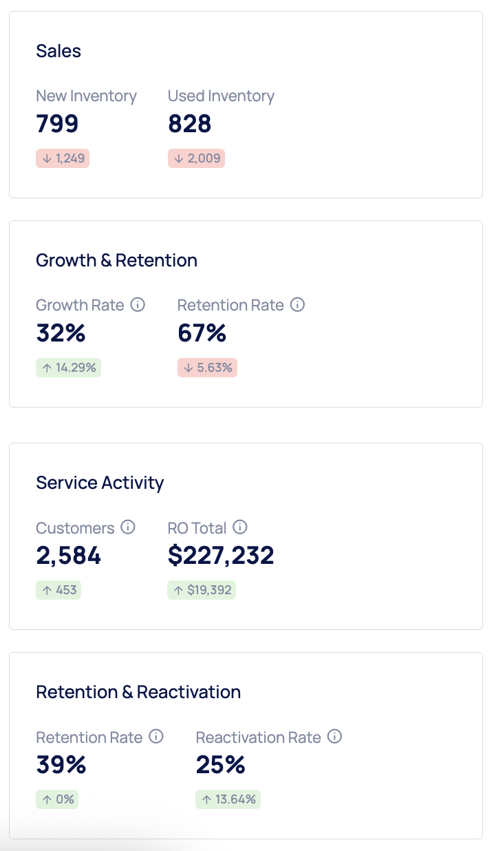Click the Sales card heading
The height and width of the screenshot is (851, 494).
58,51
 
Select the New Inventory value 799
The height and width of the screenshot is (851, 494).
57,124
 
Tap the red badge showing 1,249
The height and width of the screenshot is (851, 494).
63,158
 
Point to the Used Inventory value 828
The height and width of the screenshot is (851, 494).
189,124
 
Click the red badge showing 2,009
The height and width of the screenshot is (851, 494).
196,158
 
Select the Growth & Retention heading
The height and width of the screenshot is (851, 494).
116,260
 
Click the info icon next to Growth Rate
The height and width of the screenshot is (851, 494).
138,304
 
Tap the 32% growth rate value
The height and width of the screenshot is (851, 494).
61,333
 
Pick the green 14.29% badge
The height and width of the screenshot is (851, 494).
68,368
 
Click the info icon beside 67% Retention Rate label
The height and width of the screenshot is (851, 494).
297,304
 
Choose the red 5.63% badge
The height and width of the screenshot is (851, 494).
207,368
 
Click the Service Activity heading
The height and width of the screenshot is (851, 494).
100,483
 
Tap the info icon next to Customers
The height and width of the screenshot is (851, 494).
128,527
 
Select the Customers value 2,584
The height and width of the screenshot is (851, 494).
68,556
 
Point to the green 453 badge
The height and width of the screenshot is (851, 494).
58,590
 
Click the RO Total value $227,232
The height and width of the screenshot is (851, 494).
221,556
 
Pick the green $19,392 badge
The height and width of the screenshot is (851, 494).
202,590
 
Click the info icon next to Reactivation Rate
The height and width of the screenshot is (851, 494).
334,737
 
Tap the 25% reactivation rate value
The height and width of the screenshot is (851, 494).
220,765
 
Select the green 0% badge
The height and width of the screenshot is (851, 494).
57,799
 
